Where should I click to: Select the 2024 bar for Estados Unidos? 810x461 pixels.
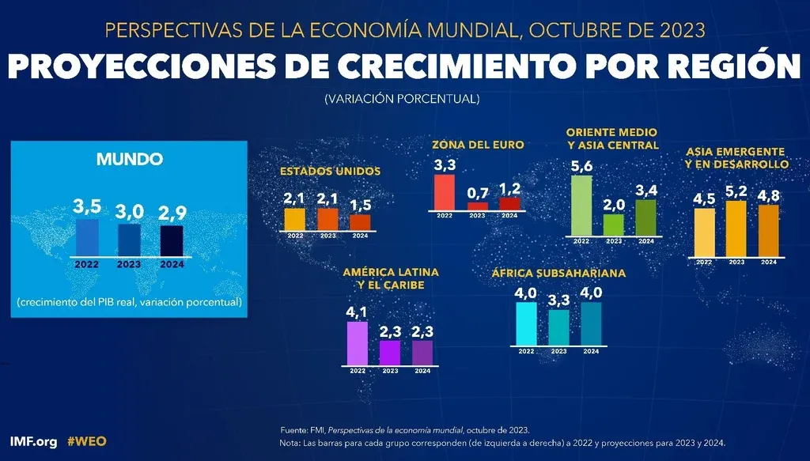click(x=360, y=221)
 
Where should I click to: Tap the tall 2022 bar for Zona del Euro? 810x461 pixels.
click(x=445, y=191)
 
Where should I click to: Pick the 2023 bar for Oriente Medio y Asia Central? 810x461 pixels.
click(x=614, y=225)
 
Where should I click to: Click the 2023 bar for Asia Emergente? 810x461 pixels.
click(x=736, y=229)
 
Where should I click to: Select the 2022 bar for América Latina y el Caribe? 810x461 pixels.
click(x=358, y=342)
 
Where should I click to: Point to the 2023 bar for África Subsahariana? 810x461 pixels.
click(x=558, y=327)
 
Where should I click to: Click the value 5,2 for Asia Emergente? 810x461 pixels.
click(x=736, y=191)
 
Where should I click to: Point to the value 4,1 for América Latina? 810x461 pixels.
click(x=358, y=312)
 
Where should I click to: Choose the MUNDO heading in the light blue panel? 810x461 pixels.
click(x=130, y=159)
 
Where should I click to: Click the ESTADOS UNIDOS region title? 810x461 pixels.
click(x=331, y=171)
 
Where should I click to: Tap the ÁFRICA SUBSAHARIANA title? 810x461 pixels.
click(x=558, y=273)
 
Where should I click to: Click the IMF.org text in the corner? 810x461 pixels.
click(x=33, y=441)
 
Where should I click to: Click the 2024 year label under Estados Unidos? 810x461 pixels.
click(x=360, y=236)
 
